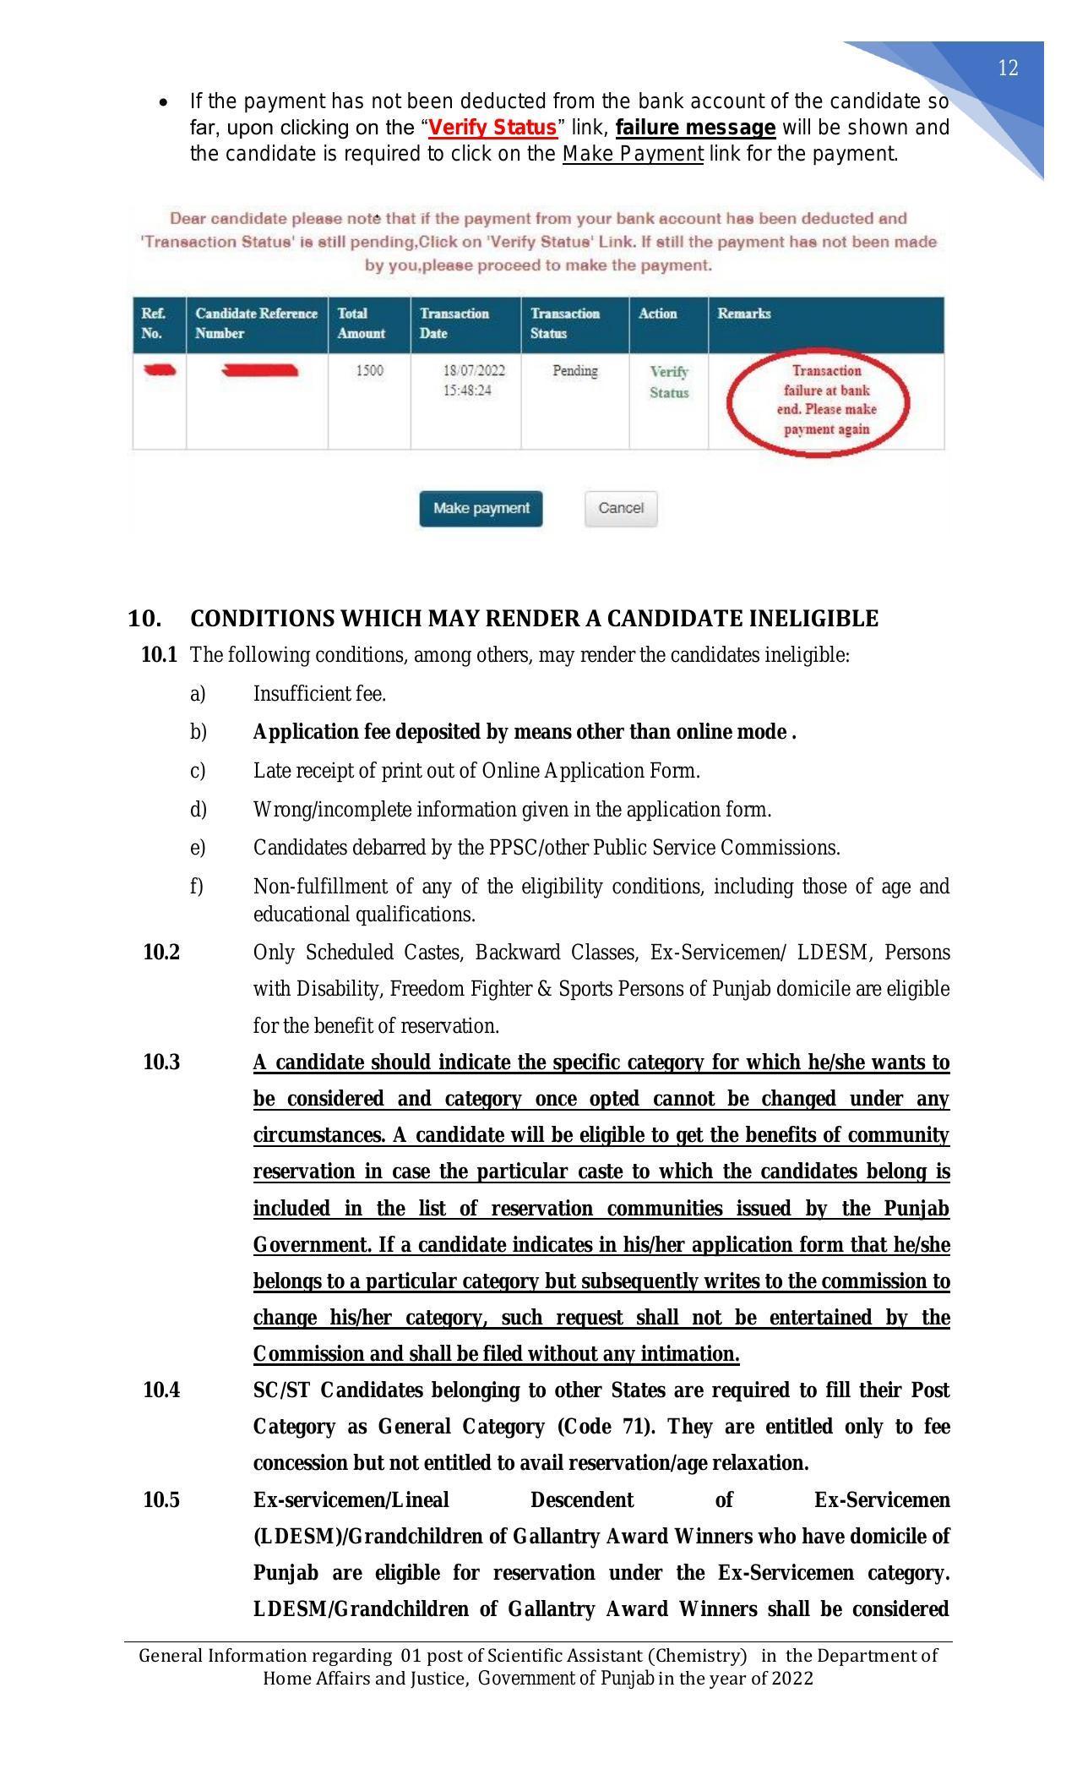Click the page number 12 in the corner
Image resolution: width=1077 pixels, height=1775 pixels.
[x=1008, y=68]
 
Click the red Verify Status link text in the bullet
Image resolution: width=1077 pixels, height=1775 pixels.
[x=492, y=128]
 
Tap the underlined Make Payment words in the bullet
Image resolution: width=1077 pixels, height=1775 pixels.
[x=633, y=154]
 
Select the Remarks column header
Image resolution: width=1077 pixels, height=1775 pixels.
[x=743, y=314]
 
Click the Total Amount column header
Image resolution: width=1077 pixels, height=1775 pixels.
[x=361, y=323]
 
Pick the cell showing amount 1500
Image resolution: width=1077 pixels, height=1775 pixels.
[x=369, y=371]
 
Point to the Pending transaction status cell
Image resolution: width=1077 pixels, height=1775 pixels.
[x=574, y=371]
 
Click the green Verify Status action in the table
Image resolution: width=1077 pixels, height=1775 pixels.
[x=668, y=382]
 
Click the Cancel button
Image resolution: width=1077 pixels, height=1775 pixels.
[x=620, y=508]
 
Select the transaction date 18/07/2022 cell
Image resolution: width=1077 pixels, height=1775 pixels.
[x=473, y=380]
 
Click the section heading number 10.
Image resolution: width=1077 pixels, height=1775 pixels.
[x=144, y=619]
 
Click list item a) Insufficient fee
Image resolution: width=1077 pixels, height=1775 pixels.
[x=319, y=694]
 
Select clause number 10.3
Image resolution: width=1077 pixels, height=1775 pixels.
[x=160, y=1062]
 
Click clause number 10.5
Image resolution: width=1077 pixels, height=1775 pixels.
[x=160, y=1500]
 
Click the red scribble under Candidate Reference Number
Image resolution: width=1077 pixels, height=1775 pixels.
[x=258, y=370]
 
